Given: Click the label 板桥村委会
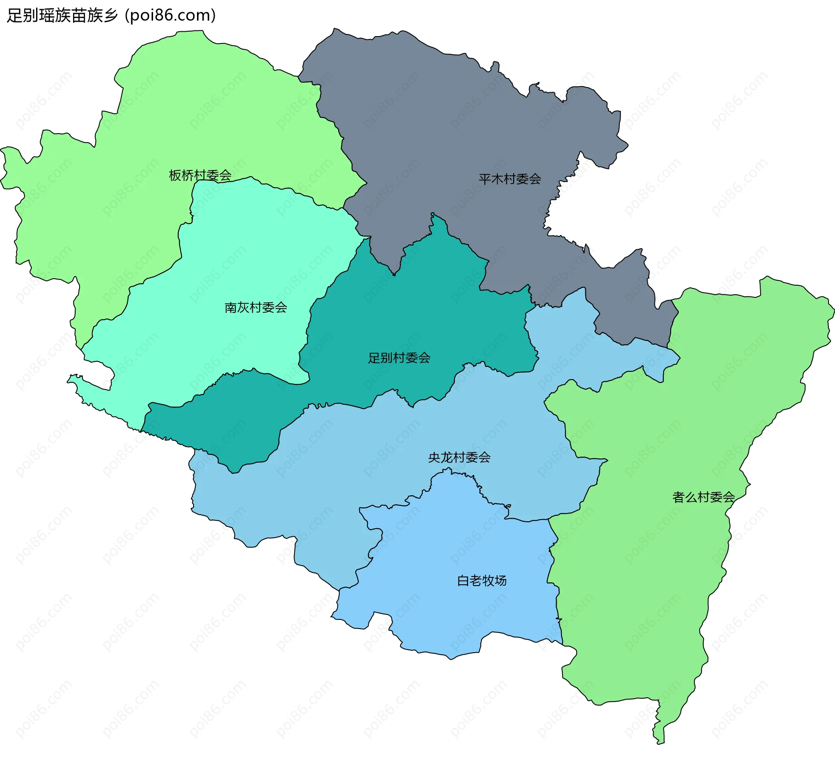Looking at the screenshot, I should pos(200,175).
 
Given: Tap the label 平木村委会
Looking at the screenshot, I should pos(510,179).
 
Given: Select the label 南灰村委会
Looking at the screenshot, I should pos(256,307).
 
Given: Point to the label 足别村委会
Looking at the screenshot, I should pos(399,358).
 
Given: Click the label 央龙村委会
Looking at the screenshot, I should pos(459,457).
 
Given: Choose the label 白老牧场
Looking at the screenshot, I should pos(482,580).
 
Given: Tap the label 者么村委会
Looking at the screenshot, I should pos(704,497).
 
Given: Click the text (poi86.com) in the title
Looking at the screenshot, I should pos(170,16).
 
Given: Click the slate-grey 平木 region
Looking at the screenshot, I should pos(435,130).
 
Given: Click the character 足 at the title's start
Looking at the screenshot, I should pos(15,16).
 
